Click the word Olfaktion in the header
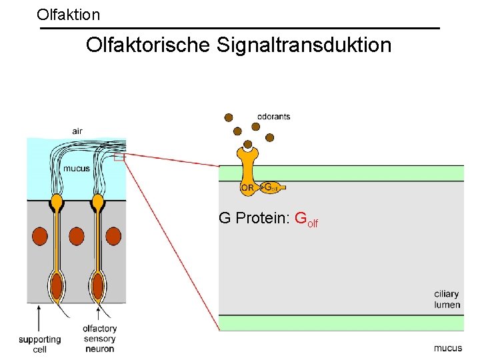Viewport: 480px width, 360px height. tap(69, 14)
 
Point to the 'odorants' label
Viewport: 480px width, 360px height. tap(274, 117)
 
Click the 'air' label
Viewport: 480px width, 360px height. tap(77, 131)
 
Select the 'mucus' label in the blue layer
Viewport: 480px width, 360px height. tap(76, 169)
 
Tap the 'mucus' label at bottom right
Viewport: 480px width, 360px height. tap(447, 348)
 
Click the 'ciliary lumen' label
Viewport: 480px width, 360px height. tap(447, 299)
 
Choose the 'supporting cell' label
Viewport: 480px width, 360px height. tap(39, 344)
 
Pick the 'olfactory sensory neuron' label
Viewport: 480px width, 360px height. tap(99, 338)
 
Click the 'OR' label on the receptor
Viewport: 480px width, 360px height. tap(247, 188)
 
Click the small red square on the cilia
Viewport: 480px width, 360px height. tap(119, 158)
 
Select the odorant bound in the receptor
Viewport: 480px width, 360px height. tap(248, 144)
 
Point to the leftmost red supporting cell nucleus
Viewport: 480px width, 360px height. tap(39, 236)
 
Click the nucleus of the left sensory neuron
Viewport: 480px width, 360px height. tap(57, 287)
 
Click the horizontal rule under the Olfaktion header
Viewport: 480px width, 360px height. tap(240, 28)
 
